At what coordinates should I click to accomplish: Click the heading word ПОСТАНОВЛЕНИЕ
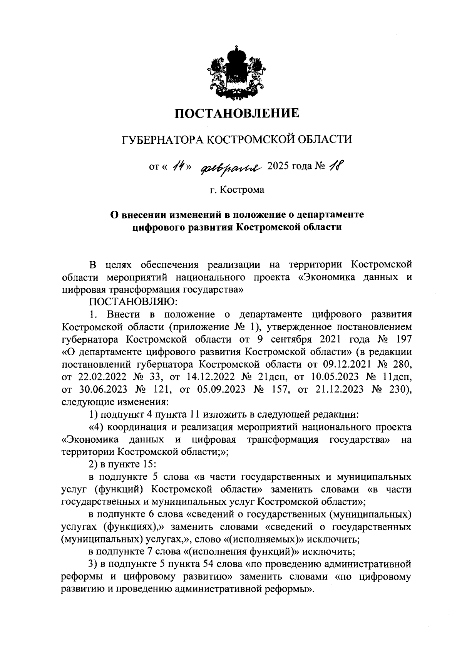237,113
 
